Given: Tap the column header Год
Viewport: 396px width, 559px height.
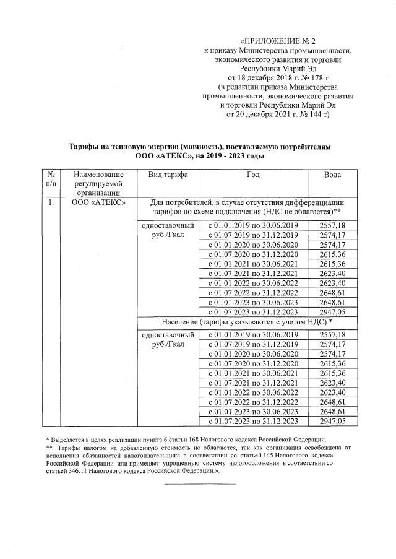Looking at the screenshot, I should (x=252, y=175).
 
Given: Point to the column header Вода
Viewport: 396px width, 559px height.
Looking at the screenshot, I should (x=332, y=175).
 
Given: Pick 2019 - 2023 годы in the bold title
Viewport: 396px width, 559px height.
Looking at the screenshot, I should (x=230, y=157).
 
